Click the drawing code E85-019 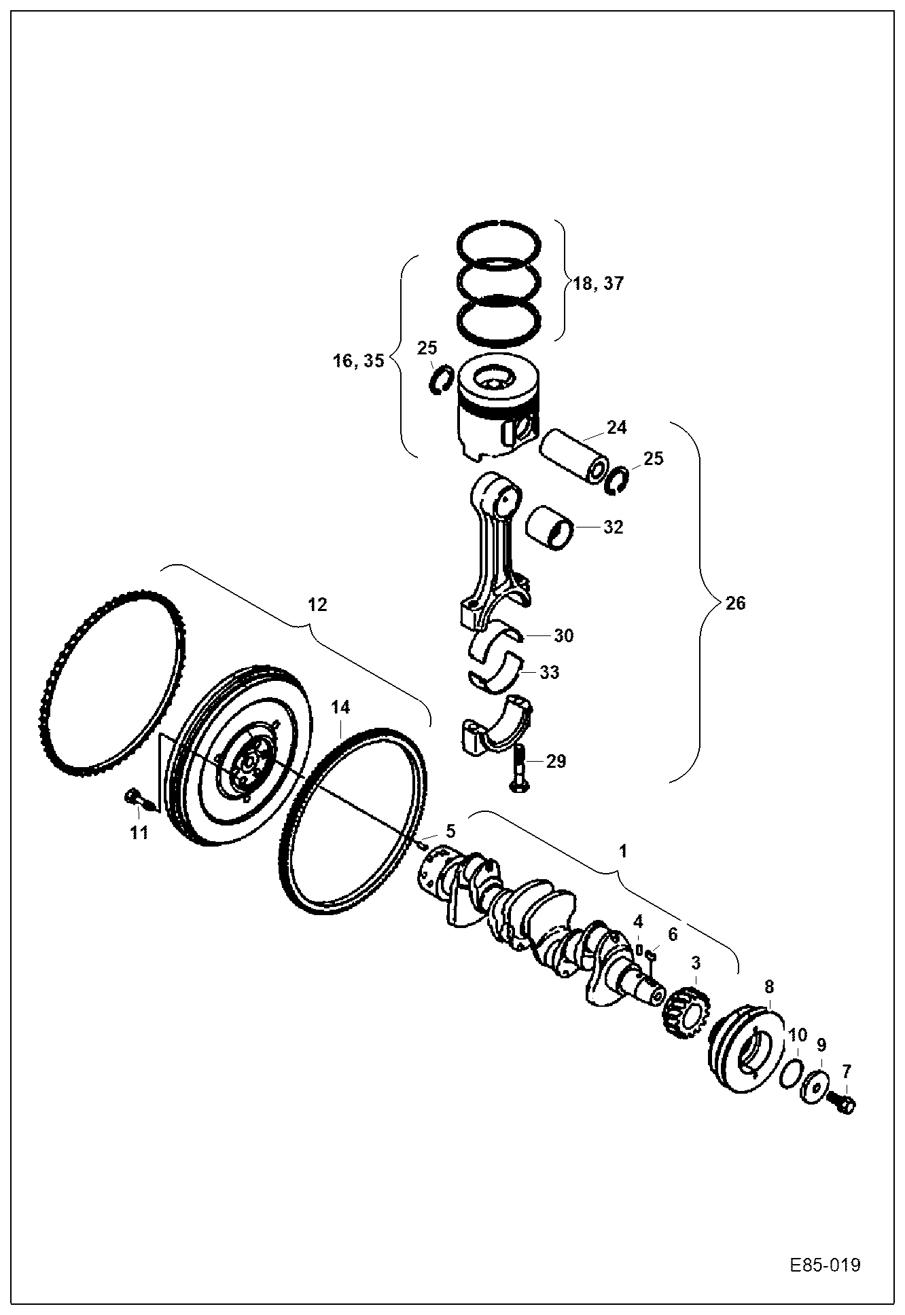(x=825, y=1265)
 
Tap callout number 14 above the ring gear (x=340, y=707)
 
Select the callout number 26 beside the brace (x=735, y=603)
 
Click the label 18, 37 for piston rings (x=597, y=283)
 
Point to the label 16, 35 (x=359, y=360)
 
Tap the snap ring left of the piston (x=442, y=377)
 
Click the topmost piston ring (x=499, y=241)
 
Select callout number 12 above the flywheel (x=317, y=604)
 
